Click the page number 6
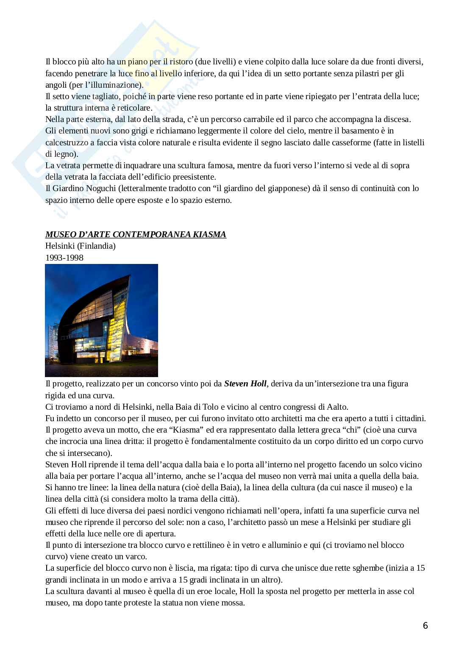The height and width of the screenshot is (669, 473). (x=425, y=625)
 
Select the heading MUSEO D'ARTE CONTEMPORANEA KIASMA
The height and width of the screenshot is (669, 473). (x=136, y=234)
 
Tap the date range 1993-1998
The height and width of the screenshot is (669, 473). (x=64, y=257)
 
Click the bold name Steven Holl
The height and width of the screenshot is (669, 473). (x=245, y=384)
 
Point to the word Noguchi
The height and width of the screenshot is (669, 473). (x=99, y=188)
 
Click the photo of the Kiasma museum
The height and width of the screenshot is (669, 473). (x=101, y=320)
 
